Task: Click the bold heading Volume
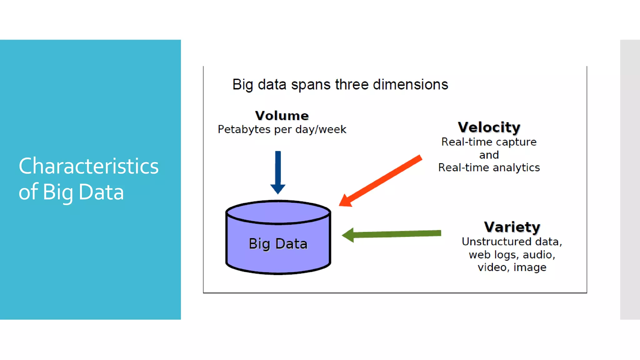click(x=282, y=116)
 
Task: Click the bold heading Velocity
click(x=489, y=127)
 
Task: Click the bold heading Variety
click(x=512, y=227)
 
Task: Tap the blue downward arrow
click(x=278, y=172)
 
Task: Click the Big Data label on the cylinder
click(x=278, y=244)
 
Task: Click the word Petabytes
click(x=244, y=129)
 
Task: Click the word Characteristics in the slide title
click(x=88, y=166)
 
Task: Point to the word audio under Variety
click(x=538, y=255)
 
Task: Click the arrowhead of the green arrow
click(x=348, y=235)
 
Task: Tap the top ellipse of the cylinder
click(x=278, y=212)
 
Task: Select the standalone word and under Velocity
click(x=489, y=155)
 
